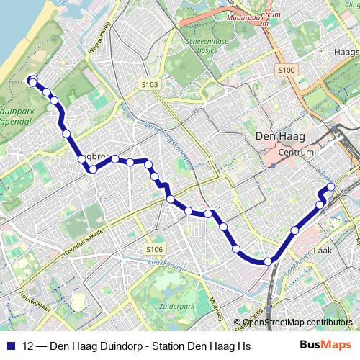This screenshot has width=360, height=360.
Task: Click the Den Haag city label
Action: [x=282, y=136]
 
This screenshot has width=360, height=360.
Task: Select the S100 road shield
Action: [x=286, y=70]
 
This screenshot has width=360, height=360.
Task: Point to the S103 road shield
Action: [x=150, y=85]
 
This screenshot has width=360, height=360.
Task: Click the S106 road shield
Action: [x=154, y=249]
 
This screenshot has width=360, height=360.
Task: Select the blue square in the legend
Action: [x=11, y=346]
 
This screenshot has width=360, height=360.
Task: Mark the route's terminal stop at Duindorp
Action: [x=32, y=81]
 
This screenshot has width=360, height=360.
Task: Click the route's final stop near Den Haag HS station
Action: [x=331, y=187]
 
